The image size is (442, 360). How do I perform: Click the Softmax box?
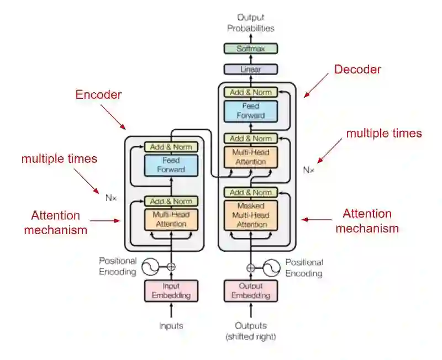pos(250,49)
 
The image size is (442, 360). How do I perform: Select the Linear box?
pos(250,70)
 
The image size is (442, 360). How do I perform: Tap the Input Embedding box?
pos(171,290)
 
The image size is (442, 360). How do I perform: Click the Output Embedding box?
pos(250,290)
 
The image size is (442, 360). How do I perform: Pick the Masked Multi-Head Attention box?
pos(250,215)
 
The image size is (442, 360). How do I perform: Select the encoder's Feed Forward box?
pos(171,165)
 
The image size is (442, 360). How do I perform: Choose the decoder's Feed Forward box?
pos(250,111)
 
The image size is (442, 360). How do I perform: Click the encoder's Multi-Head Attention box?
pos(171,219)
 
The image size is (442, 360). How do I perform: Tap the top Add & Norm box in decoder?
pos(250,92)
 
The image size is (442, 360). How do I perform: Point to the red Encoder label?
pos(98,94)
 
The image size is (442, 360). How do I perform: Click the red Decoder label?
pos(357,70)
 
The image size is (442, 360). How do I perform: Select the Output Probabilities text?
pos(250,23)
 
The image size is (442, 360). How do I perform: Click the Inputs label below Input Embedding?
pos(171,326)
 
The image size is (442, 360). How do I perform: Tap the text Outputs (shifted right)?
pos(250,331)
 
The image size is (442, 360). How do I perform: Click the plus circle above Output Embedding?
pos(250,267)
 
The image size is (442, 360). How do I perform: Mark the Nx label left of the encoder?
pos(111,197)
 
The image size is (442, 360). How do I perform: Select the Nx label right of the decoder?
pos(308,170)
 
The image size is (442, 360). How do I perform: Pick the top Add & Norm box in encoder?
pos(171,147)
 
